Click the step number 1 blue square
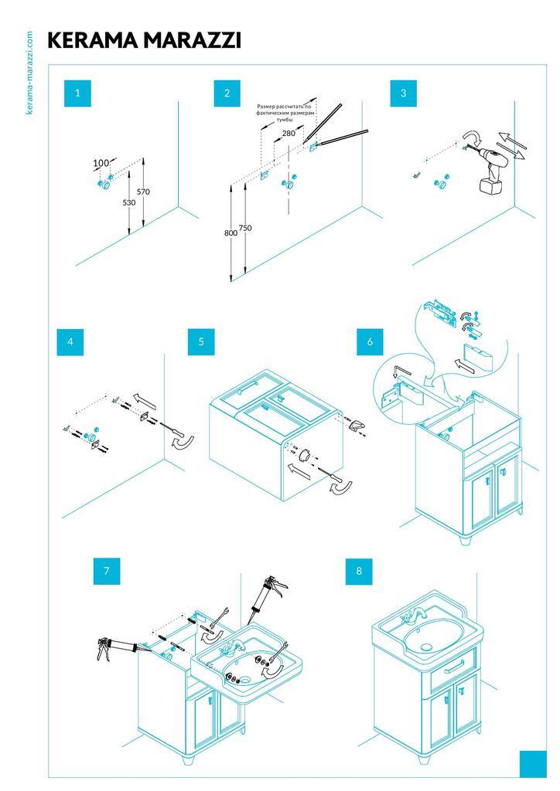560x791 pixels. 77,93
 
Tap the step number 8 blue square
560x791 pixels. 359,572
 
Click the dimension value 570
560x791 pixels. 143,192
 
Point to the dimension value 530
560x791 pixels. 128,202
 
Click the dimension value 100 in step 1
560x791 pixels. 101,163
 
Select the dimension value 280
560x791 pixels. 289,133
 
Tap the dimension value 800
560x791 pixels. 230,233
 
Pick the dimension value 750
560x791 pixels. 245,228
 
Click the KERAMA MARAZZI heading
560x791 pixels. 145,41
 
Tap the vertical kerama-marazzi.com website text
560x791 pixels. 29,73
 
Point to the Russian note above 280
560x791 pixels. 286,112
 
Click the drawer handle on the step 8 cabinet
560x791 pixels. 453,667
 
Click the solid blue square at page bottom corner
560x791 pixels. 533,764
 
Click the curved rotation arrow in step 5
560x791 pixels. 340,491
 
